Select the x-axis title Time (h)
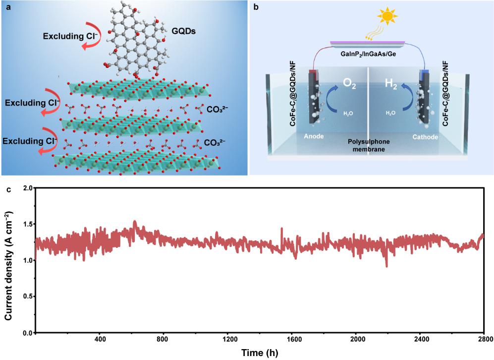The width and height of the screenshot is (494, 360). pyautogui.click(x=259, y=353)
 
